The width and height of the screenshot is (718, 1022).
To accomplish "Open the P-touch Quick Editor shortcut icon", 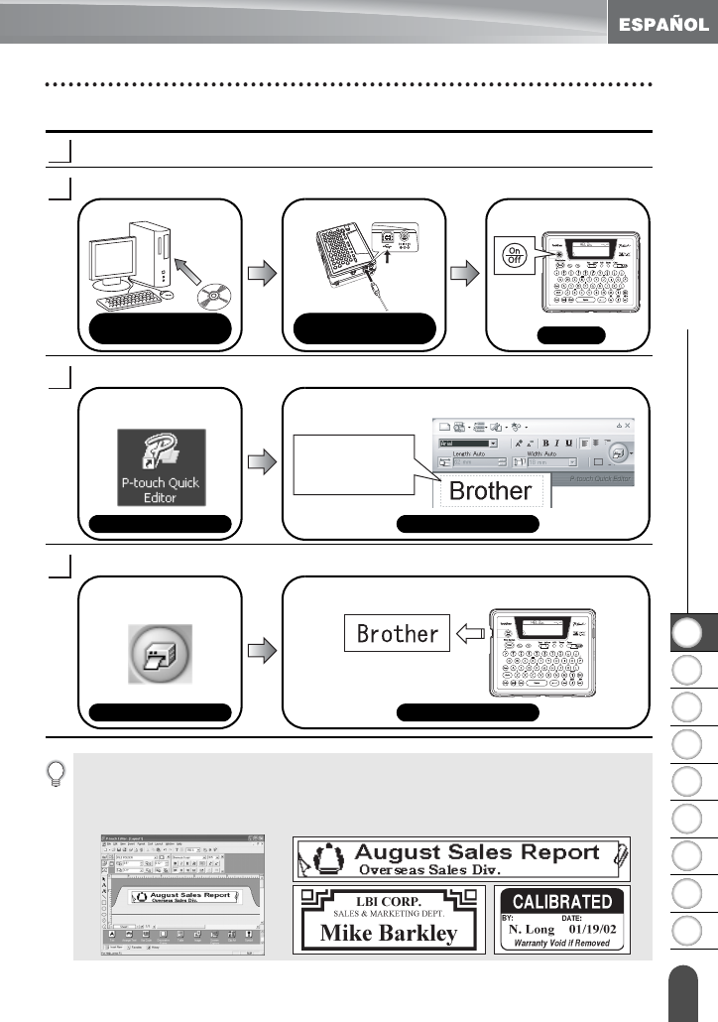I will point(161,466).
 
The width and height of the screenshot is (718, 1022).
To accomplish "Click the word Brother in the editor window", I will point(490,490).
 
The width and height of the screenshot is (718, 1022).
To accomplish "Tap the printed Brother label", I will point(397,634).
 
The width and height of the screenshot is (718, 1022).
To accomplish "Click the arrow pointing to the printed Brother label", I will point(474,633).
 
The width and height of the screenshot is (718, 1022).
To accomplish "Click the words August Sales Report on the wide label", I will point(476,851).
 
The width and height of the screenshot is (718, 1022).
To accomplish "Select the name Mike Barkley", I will point(389,933).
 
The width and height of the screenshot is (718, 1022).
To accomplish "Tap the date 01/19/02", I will point(593,929).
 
